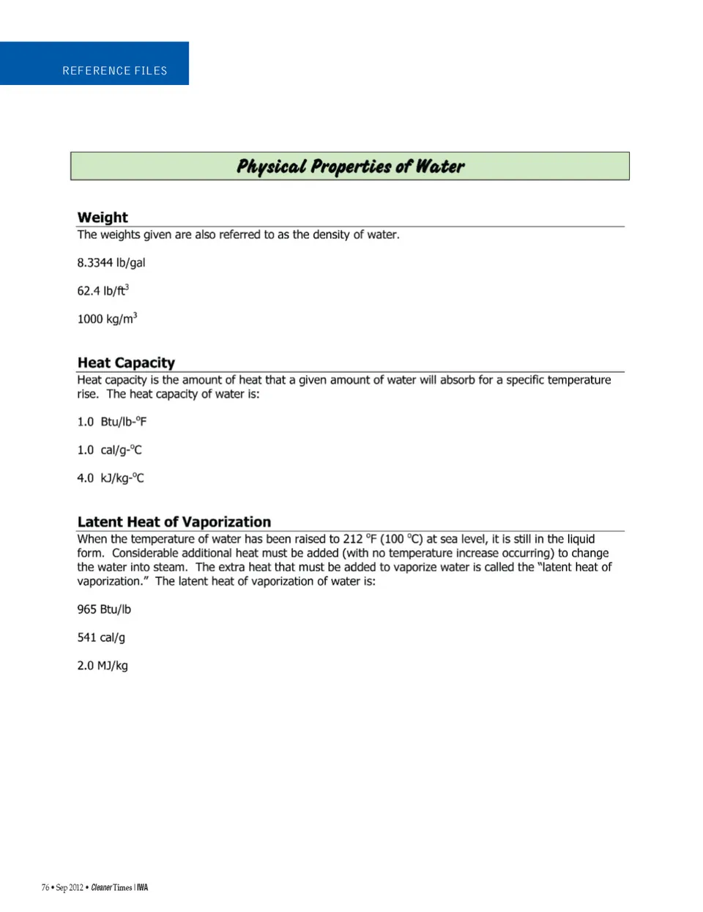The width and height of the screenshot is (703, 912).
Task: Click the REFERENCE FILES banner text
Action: [115, 71]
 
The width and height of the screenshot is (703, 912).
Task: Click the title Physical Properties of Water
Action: [350, 166]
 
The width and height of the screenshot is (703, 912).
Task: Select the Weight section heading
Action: [103, 218]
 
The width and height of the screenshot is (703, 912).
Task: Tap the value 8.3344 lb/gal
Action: [111, 263]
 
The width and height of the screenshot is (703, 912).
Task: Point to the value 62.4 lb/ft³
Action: [103, 291]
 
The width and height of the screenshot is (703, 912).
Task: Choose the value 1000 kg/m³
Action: [107, 319]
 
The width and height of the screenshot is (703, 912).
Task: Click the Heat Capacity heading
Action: [126, 363]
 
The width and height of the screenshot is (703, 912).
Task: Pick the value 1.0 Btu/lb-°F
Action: [112, 422]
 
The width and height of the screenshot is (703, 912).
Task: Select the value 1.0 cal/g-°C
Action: [110, 450]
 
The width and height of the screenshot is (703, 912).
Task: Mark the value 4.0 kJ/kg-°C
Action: [111, 478]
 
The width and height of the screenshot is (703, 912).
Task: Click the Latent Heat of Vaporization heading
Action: [174, 522]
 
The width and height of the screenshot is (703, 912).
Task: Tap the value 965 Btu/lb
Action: [104, 609]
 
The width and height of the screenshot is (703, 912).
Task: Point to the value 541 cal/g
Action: [101, 637]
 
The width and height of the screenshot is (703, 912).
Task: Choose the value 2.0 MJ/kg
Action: [103, 666]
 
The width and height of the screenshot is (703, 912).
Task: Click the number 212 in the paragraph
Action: [353, 539]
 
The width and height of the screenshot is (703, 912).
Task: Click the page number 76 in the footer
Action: [45, 888]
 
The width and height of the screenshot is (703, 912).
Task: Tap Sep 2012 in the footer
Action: [70, 888]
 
